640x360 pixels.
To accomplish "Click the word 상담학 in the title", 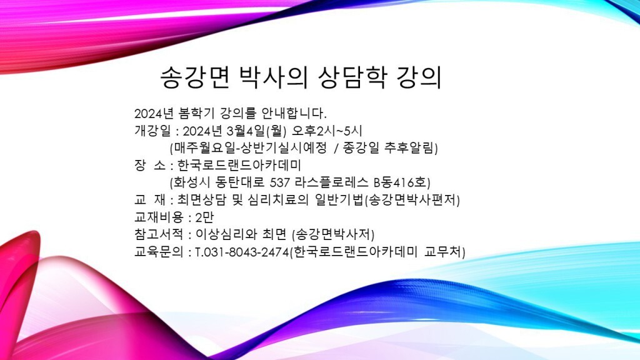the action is pyautogui.click(x=352, y=77).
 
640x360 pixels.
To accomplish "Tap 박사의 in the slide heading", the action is pyautogui.click(x=273, y=77).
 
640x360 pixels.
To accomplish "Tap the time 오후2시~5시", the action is pyautogui.click(x=327, y=131).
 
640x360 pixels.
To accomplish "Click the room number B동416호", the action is pyautogui.click(x=402, y=182).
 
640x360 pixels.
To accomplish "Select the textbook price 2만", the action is pyautogui.click(x=204, y=217).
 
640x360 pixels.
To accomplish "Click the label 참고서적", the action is pyautogui.click(x=159, y=234).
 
